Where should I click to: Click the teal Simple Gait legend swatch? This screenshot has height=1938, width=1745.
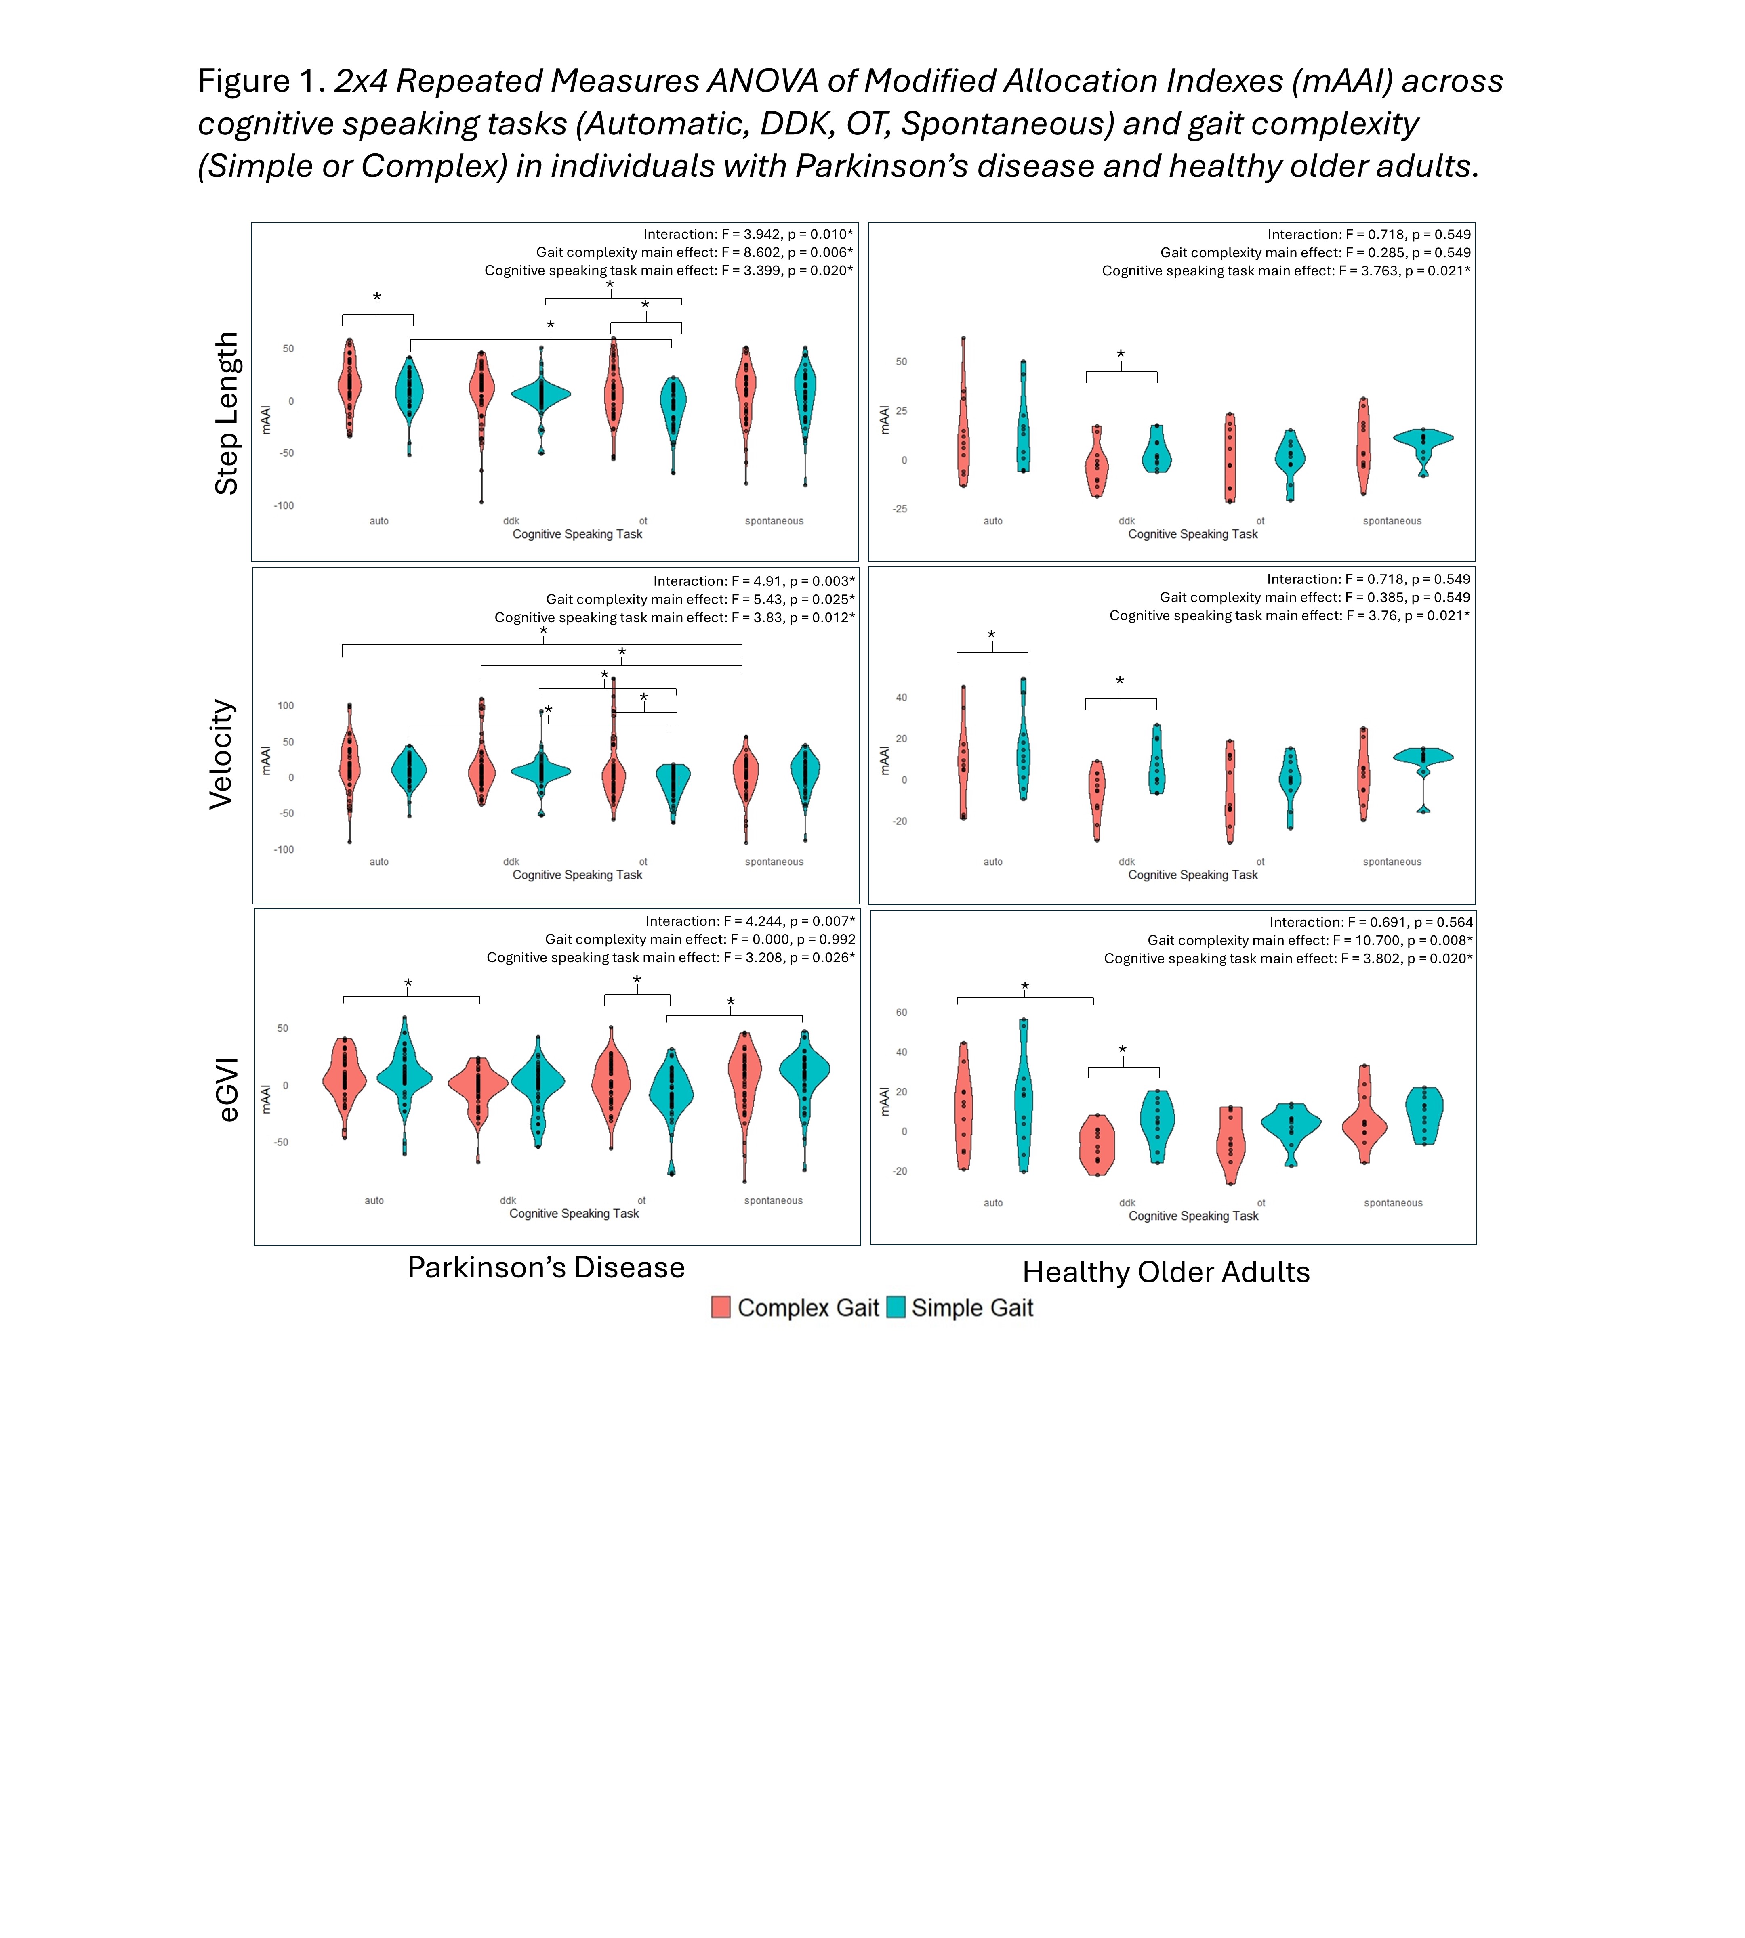(x=896, y=1307)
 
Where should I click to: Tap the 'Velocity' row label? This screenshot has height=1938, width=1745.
(x=221, y=754)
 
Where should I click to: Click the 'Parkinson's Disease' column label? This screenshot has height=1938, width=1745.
(x=546, y=1267)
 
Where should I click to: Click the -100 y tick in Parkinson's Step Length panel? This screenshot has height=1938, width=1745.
(x=284, y=505)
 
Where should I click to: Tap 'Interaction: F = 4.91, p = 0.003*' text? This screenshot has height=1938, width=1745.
(x=754, y=581)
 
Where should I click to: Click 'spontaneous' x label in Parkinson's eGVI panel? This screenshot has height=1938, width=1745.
(x=773, y=1200)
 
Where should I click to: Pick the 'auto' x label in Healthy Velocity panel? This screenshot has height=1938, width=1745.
(x=992, y=862)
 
